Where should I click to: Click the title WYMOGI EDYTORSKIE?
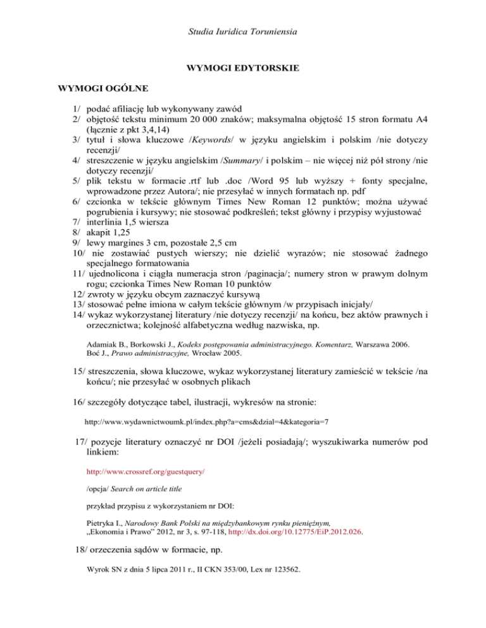point(243,67)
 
